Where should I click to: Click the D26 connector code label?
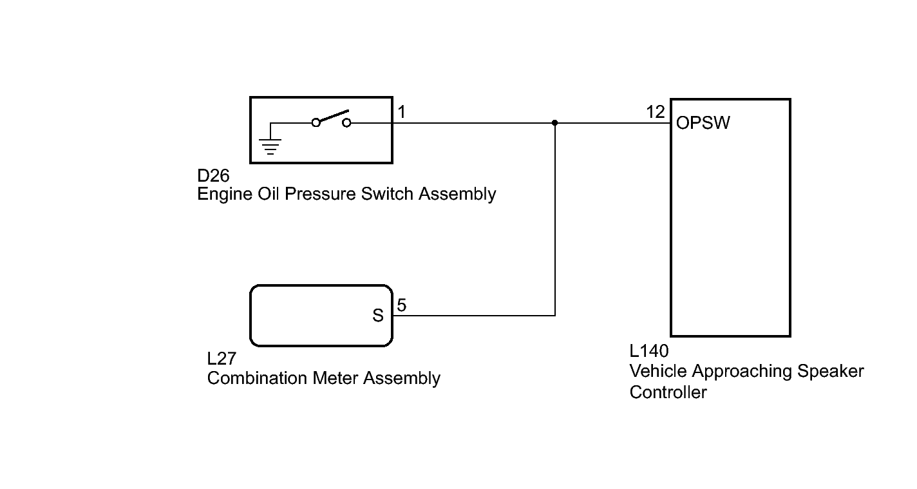[213, 176]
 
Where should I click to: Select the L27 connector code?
[222, 359]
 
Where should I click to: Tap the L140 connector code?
[649, 351]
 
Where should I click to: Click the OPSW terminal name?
[703, 123]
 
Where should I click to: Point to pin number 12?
[656, 112]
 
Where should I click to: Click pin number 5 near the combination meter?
[402, 305]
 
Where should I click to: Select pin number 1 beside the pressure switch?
[402, 112]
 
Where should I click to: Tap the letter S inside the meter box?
[378, 315]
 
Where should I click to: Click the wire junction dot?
[554, 123]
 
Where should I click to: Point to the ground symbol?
[270, 146]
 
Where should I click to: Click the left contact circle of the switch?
[316, 122]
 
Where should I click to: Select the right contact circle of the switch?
[346, 122]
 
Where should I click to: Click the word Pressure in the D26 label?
[320, 194]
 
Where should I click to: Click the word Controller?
[668, 392]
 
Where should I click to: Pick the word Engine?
[225, 195]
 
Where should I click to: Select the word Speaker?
[831, 372]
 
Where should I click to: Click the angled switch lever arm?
[334, 117]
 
